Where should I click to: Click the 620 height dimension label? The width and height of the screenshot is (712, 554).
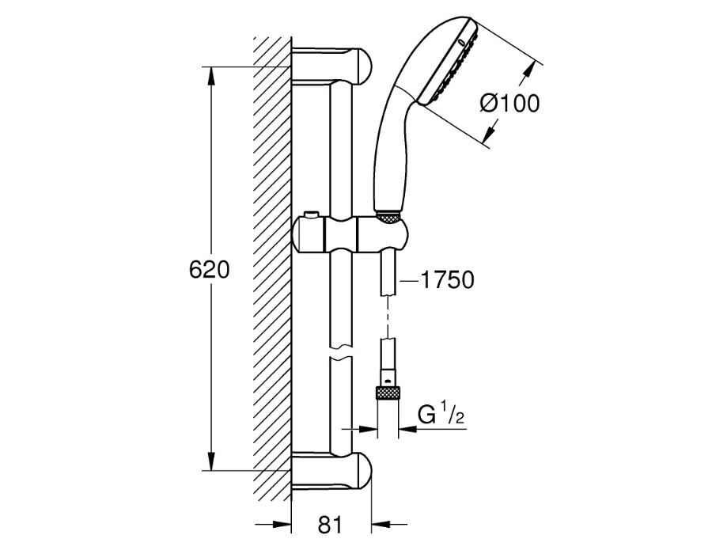[x=210, y=270]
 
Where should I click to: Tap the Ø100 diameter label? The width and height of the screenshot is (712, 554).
[x=510, y=104]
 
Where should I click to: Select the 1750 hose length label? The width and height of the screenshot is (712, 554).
[x=447, y=279]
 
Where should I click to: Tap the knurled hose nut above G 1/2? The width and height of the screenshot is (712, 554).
[x=388, y=392]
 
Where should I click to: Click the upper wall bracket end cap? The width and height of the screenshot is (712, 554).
[x=362, y=66]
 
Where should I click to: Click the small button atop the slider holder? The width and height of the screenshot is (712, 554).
[x=312, y=214]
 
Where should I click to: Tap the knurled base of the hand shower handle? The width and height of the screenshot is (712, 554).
[x=389, y=217]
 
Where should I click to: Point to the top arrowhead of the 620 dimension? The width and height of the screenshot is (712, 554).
[x=211, y=76]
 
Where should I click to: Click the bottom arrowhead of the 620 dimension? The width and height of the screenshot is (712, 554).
[x=211, y=461]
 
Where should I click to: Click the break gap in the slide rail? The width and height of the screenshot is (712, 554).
[x=341, y=351]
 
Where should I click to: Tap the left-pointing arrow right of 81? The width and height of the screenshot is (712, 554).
[x=389, y=526]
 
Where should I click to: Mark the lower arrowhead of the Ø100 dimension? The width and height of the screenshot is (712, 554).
[x=490, y=133]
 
